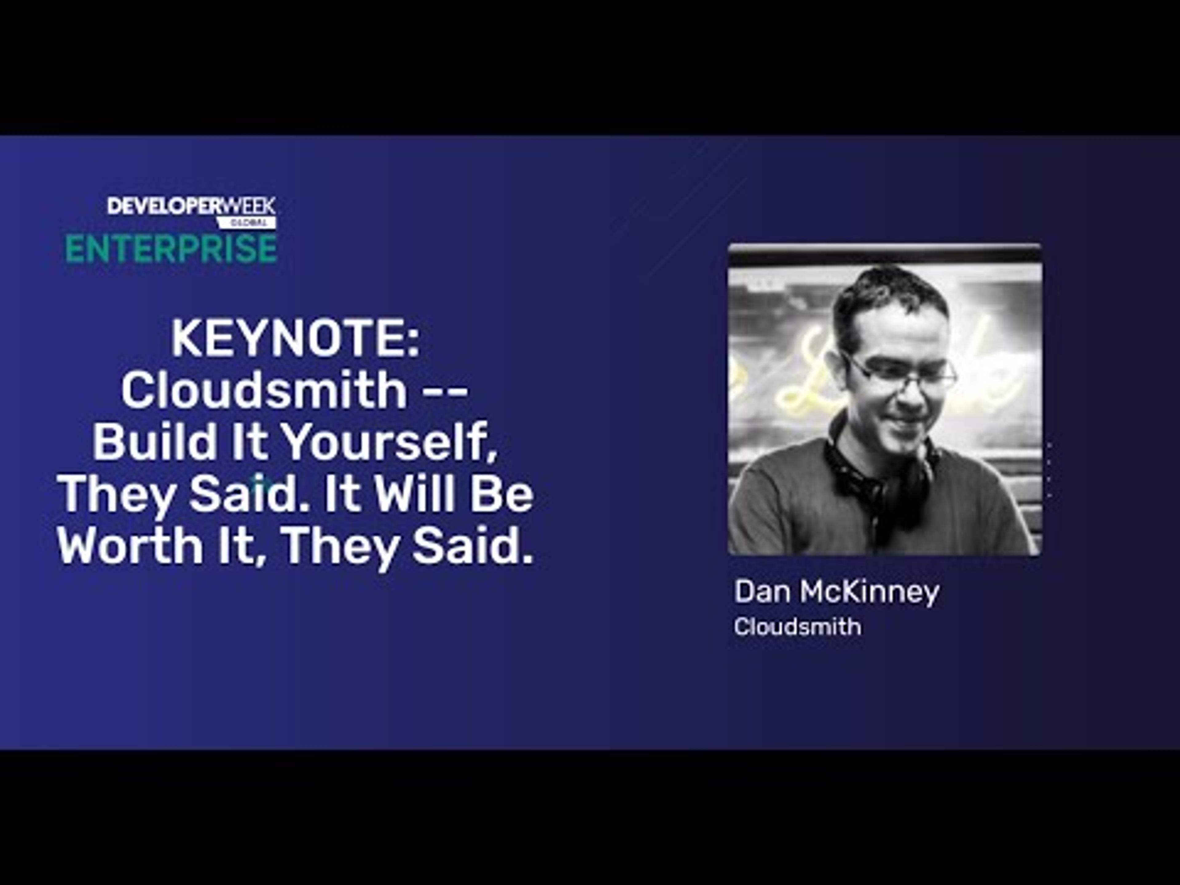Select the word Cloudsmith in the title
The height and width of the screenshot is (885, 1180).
(x=264, y=391)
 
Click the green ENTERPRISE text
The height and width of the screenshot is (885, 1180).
(x=171, y=249)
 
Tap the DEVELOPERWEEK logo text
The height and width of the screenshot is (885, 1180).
(x=191, y=206)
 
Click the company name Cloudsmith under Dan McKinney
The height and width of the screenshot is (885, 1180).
(x=797, y=627)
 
